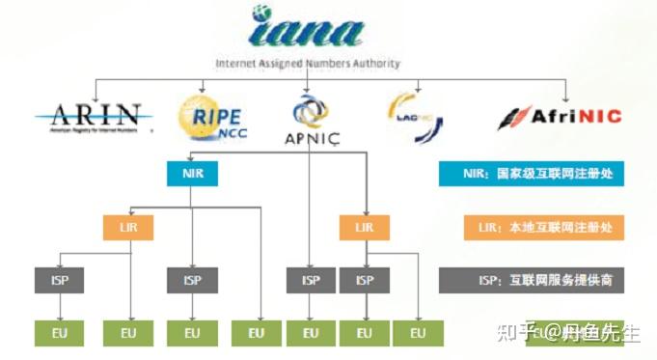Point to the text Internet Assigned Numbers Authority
click(308, 65)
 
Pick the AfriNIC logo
click(560, 117)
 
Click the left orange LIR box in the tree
click(128, 228)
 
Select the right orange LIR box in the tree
click(364, 228)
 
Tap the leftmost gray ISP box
click(60, 281)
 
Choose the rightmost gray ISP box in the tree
click(364, 281)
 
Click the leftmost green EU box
click(60, 334)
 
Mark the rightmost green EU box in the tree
click(418, 334)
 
